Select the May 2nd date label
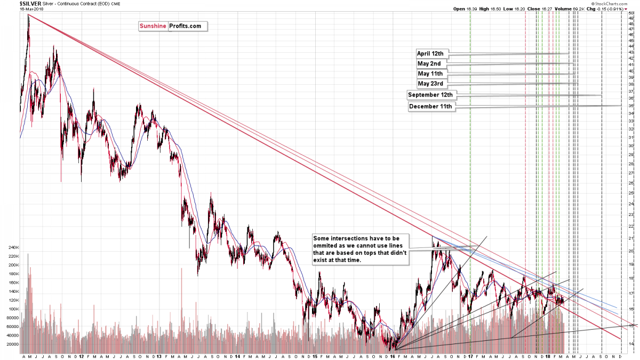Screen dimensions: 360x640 coord(429,63)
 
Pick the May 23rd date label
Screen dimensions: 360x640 coord(430,84)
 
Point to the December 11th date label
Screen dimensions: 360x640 coord(430,107)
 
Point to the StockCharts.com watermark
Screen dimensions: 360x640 coord(614,3)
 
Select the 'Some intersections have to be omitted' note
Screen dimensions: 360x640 coord(361,249)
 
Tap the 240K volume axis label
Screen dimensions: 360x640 coord(12,247)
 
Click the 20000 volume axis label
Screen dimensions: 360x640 coord(11,344)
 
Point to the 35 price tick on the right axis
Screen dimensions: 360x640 coord(630,106)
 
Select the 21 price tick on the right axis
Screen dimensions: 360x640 coord(630,238)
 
